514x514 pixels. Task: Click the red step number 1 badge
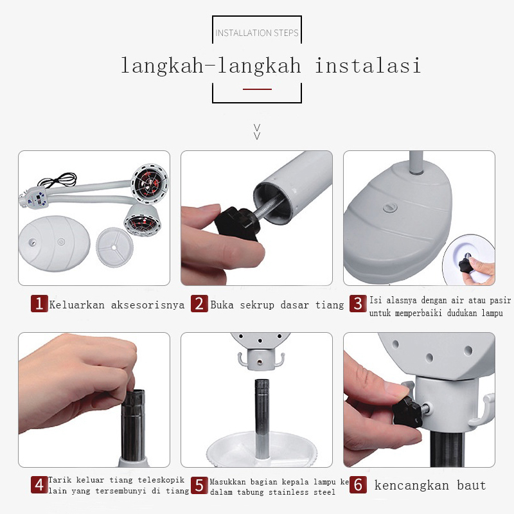tap(39, 303)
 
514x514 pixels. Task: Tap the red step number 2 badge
tap(199, 303)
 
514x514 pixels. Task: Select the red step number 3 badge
tap(358, 303)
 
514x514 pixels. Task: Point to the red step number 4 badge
tap(39, 485)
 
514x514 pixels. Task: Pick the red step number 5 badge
tap(199, 485)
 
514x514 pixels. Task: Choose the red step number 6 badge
tap(358, 485)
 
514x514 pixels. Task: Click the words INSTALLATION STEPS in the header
tap(257, 33)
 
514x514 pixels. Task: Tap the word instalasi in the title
tap(368, 66)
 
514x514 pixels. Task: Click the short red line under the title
tap(258, 89)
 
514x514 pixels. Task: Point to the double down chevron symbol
tap(258, 132)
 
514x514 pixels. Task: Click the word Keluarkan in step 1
tap(77, 305)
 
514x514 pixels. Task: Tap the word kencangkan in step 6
tap(412, 485)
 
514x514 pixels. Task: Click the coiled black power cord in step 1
tap(57, 180)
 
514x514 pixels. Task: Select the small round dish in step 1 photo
tap(114, 247)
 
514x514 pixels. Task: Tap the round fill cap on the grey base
tap(390, 208)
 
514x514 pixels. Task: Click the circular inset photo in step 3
tap(469, 260)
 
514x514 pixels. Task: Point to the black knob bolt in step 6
tap(408, 412)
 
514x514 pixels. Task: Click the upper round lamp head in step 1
tap(150, 182)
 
